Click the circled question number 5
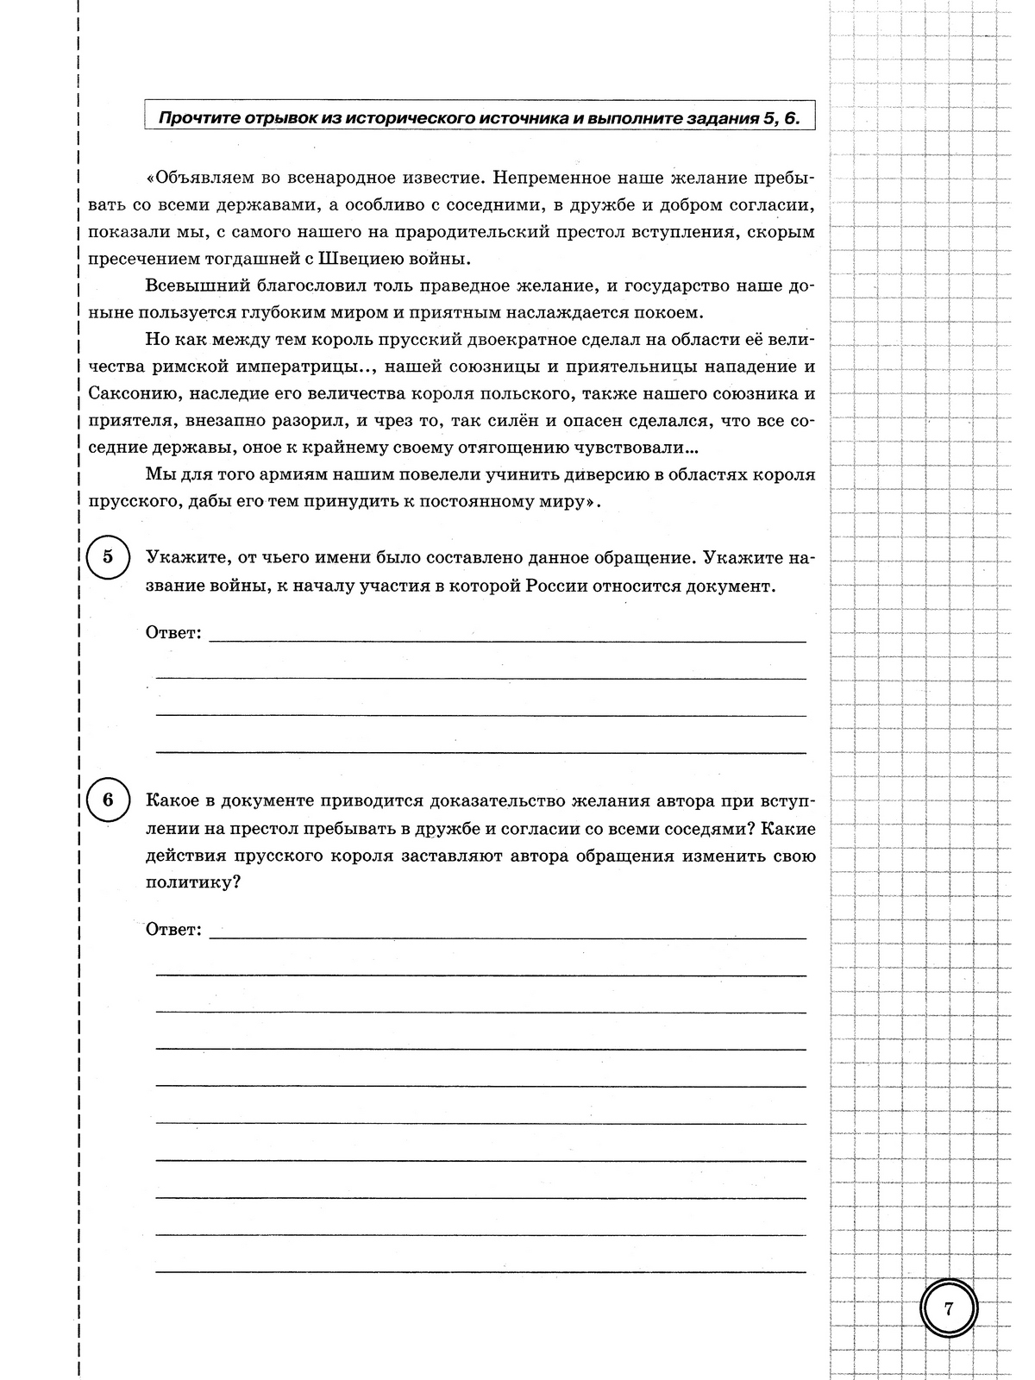[x=108, y=556]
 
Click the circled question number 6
[x=108, y=800]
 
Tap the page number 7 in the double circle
[x=949, y=1308]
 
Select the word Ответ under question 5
[x=173, y=633]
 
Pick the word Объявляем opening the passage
[x=204, y=178]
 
